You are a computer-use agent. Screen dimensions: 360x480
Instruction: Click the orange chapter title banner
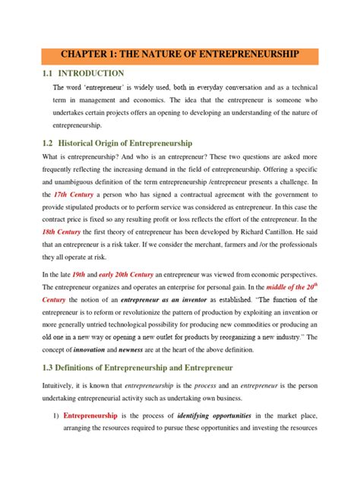point(180,55)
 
